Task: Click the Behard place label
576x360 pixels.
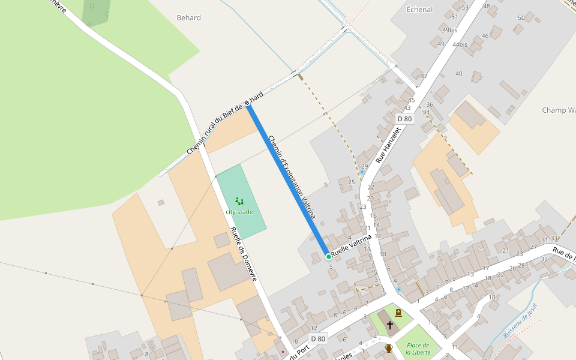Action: (188, 18)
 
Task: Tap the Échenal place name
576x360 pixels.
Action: (419, 10)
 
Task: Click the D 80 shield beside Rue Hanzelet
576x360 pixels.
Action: (404, 119)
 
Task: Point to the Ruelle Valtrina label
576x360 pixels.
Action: (352, 247)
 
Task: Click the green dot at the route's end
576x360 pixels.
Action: (328, 256)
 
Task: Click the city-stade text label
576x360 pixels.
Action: (239, 212)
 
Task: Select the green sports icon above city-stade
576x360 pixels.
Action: (239, 202)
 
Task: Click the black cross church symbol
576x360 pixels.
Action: (389, 325)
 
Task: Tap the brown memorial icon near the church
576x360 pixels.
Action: (398, 312)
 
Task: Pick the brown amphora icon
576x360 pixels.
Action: (389, 348)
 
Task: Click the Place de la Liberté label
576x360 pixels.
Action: (418, 349)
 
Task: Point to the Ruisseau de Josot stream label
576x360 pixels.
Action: (521, 321)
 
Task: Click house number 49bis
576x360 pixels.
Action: (449, 30)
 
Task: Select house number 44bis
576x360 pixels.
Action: (460, 44)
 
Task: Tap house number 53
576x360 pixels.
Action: (465, 8)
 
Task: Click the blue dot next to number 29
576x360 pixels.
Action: (362, 172)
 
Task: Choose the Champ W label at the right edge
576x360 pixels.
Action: (559, 110)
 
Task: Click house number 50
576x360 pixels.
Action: (521, 18)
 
